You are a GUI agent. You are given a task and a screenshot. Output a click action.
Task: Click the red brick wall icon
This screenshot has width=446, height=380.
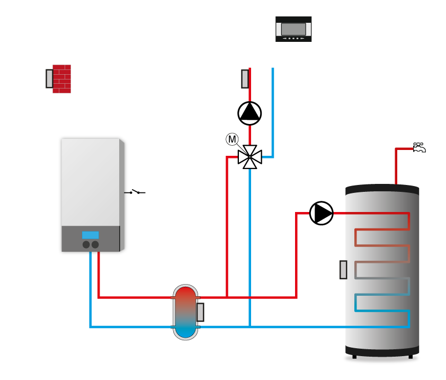[x=62, y=79]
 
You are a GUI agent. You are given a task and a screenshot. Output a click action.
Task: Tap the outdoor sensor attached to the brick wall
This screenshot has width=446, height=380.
[x=49, y=78]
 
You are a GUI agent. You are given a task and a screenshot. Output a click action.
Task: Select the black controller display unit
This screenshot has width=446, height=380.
[x=293, y=29]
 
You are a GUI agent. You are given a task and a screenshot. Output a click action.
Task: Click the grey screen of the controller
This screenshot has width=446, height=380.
[x=293, y=29]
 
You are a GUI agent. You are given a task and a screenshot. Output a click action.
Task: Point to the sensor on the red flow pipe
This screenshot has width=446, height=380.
[x=245, y=79]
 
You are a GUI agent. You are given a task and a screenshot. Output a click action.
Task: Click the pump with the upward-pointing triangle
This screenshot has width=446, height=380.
[x=249, y=113]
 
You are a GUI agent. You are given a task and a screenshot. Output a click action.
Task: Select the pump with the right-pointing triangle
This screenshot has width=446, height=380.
[x=322, y=213]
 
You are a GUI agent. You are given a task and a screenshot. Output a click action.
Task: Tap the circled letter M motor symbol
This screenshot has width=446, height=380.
[x=232, y=139]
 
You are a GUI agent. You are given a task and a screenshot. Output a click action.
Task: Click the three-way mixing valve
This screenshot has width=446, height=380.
[x=249, y=157]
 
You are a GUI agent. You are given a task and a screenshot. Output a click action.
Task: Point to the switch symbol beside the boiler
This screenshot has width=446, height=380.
[x=135, y=192]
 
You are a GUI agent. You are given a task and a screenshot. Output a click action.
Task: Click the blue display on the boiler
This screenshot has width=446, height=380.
[x=91, y=235]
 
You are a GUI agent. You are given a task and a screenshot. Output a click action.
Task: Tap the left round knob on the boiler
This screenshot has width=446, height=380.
[x=86, y=244]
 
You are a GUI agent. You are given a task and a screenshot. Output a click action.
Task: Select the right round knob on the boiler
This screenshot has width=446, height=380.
[x=95, y=244]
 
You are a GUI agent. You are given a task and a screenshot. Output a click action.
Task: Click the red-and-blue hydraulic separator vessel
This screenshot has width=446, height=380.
[x=185, y=312]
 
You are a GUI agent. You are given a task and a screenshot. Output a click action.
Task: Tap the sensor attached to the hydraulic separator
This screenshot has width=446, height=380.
[x=200, y=312]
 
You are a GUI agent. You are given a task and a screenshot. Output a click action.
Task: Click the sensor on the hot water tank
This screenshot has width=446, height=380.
[x=343, y=270]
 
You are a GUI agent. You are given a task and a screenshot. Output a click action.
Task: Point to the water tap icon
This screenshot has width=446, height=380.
[x=420, y=147]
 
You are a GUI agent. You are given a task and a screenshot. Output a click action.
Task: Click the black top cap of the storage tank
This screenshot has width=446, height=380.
[x=382, y=190]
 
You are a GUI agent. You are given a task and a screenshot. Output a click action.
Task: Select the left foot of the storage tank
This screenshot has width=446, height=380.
[x=354, y=357]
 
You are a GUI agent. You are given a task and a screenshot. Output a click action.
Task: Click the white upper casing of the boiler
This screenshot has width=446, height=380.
[x=91, y=182]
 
